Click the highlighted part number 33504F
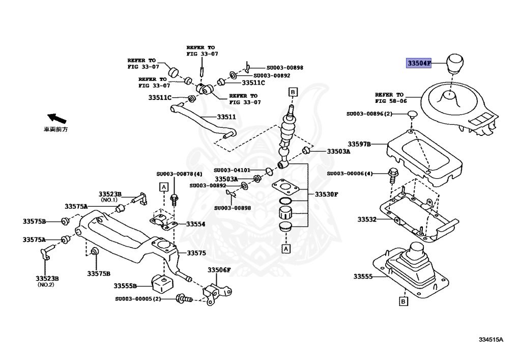(x=419, y=63)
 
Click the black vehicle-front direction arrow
(x=57, y=118)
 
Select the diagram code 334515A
(x=491, y=340)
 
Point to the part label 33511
(x=226, y=117)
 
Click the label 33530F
(x=326, y=194)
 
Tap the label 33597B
(x=359, y=144)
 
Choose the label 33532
(x=367, y=219)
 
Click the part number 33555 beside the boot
(x=363, y=276)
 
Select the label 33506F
(x=219, y=270)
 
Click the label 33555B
(x=125, y=286)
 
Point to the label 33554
(x=196, y=224)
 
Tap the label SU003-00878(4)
(x=179, y=174)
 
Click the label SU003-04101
(x=232, y=170)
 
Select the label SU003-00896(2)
(x=369, y=114)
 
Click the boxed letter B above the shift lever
(x=293, y=92)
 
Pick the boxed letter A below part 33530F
(x=286, y=248)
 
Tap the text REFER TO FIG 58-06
(x=390, y=98)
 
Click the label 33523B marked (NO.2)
(x=47, y=281)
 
